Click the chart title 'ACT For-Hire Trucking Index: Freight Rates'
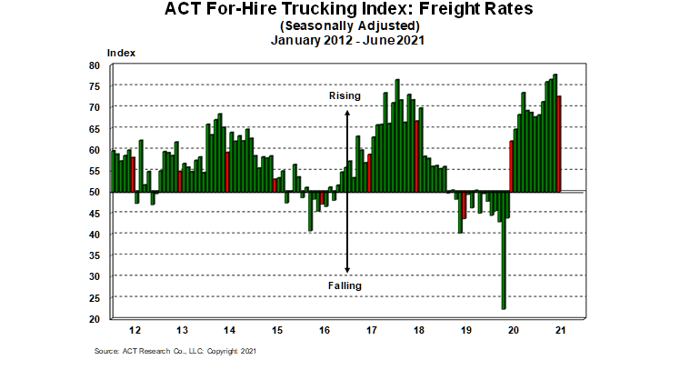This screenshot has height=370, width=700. [x=349, y=12]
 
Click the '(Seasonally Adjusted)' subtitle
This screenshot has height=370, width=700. [x=349, y=25]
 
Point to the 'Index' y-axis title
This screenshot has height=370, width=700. [x=121, y=53]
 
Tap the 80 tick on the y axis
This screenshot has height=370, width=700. [x=95, y=65]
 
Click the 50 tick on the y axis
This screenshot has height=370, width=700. [x=95, y=192]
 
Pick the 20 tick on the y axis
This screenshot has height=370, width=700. [x=95, y=319]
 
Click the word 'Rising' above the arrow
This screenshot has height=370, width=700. [x=345, y=95]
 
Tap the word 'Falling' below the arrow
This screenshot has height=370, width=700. [x=345, y=285]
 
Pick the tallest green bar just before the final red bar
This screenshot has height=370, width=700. [x=555, y=133]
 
